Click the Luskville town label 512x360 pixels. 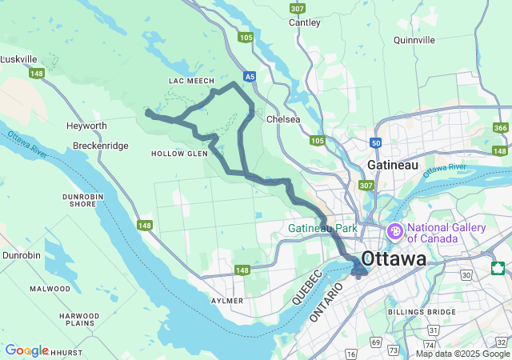click(x=19, y=59)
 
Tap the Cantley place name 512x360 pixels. click(x=304, y=22)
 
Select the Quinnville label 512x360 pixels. click(x=414, y=39)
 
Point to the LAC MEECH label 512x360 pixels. click(x=192, y=82)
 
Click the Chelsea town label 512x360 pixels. click(x=282, y=119)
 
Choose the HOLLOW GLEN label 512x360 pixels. click(x=179, y=154)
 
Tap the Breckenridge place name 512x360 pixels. click(x=100, y=146)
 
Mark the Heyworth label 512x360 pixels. click(x=87, y=126)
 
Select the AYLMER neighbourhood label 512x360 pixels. click(x=226, y=300)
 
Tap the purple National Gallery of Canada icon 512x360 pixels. click(x=394, y=232)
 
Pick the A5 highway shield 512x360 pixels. click(x=250, y=77)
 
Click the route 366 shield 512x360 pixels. click(x=501, y=128)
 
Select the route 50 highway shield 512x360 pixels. click(x=376, y=143)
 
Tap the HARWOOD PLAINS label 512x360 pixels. click(x=79, y=320)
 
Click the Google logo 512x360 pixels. click(x=26, y=350)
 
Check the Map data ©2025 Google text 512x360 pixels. click(x=462, y=354)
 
